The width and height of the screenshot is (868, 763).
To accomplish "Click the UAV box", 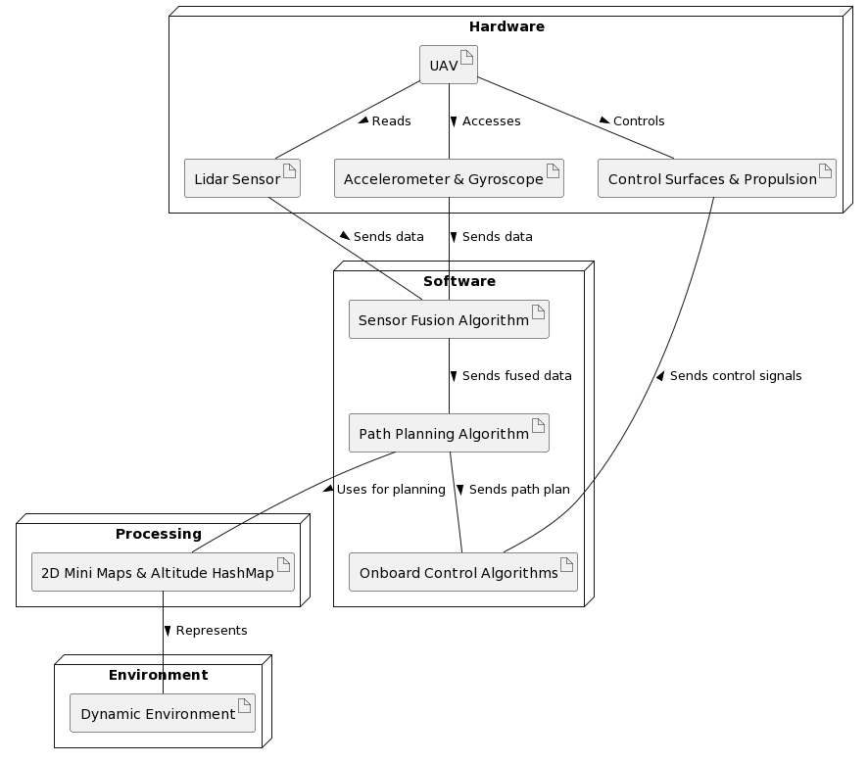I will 448,65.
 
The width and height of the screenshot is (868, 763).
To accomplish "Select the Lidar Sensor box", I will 241,178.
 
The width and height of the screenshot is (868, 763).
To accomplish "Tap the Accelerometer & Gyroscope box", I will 449,178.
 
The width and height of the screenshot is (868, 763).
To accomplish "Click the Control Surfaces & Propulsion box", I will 716,178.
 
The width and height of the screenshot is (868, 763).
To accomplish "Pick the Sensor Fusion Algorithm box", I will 449,319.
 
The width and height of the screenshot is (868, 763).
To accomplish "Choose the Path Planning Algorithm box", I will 449,433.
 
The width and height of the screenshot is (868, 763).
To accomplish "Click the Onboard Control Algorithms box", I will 462,572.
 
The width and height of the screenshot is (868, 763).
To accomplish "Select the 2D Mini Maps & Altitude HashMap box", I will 163,572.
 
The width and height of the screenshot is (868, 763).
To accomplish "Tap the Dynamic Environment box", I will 163,713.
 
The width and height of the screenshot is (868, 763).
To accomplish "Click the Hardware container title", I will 506,26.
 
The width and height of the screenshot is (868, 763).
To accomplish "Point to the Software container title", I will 458,281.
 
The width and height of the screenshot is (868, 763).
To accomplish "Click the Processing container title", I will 158,534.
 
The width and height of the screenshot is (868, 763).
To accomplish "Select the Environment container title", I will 158,675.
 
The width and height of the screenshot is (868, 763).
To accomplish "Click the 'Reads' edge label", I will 391,121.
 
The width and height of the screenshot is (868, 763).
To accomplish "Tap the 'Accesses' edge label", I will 491,121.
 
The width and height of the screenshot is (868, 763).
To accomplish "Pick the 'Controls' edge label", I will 638,121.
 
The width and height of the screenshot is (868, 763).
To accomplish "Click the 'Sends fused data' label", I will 516,376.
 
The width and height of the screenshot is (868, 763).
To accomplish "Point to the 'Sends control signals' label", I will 735,376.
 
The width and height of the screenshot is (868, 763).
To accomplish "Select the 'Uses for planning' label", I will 390,490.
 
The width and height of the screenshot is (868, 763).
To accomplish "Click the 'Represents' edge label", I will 211,631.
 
